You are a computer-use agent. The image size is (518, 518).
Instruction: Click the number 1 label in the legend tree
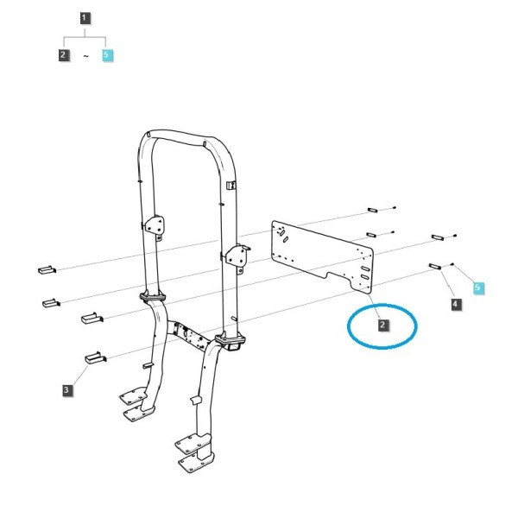coord(85,18)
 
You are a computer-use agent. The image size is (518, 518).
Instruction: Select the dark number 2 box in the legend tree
coord(63,54)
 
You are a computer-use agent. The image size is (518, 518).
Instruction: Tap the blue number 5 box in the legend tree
coord(107,55)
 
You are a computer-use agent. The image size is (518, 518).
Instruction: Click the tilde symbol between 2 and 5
coord(85,56)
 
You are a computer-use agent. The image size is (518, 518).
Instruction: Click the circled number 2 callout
coord(382,325)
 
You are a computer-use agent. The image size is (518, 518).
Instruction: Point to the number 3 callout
coord(67,390)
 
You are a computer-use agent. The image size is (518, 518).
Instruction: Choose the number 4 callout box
coord(456,304)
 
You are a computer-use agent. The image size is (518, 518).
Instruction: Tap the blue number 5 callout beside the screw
coord(478,287)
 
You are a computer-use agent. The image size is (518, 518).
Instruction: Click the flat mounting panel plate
coord(322,257)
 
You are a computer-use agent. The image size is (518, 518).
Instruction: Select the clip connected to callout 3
coord(95,357)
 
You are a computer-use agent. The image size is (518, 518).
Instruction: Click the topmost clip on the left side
coord(47,269)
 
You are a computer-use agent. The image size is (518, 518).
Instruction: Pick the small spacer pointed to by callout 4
coord(435,266)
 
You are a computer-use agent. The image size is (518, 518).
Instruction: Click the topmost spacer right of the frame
coord(373,210)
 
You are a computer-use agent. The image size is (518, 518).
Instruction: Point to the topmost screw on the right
coord(395,207)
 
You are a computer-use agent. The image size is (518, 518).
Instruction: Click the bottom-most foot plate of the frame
coord(196,463)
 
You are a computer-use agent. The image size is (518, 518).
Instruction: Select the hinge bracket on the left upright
coord(155,225)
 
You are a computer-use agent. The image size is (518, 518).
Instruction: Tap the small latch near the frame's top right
coord(231,186)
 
